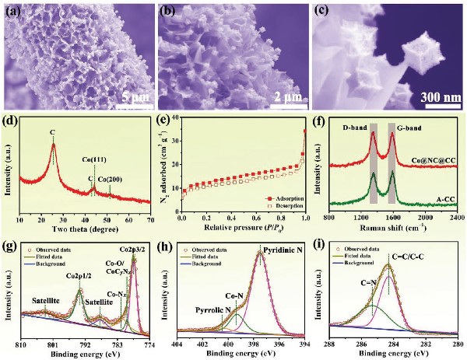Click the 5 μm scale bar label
point(127,99)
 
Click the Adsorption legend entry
point(281,199)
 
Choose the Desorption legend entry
point(281,208)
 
